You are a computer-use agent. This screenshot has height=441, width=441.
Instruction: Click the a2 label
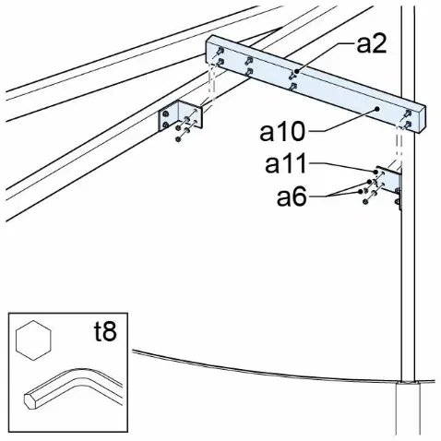[371, 45]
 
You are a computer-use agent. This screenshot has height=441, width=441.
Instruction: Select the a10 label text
[282, 131]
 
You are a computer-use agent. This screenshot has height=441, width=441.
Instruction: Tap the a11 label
[286, 164]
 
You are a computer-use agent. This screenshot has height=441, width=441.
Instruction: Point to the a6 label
[292, 197]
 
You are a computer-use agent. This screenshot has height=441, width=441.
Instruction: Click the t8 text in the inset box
[105, 332]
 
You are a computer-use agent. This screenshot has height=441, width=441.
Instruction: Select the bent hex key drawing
[73, 388]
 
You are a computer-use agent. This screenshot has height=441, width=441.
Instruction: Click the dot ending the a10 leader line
[377, 109]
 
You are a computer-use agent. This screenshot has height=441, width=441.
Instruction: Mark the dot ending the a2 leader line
[296, 71]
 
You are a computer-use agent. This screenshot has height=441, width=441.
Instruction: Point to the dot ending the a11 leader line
[375, 172]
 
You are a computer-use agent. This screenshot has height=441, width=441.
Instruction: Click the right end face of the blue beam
[421, 119]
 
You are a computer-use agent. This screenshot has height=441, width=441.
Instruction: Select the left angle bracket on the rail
[180, 116]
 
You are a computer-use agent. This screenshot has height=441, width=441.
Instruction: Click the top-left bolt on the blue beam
[220, 51]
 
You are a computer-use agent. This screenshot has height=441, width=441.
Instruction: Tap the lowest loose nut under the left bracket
[178, 139]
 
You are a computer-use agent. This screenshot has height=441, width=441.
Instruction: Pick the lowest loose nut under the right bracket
[365, 201]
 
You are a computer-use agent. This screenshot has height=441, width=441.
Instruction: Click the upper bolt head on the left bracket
[165, 114]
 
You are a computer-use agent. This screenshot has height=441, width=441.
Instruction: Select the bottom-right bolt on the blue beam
[408, 125]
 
